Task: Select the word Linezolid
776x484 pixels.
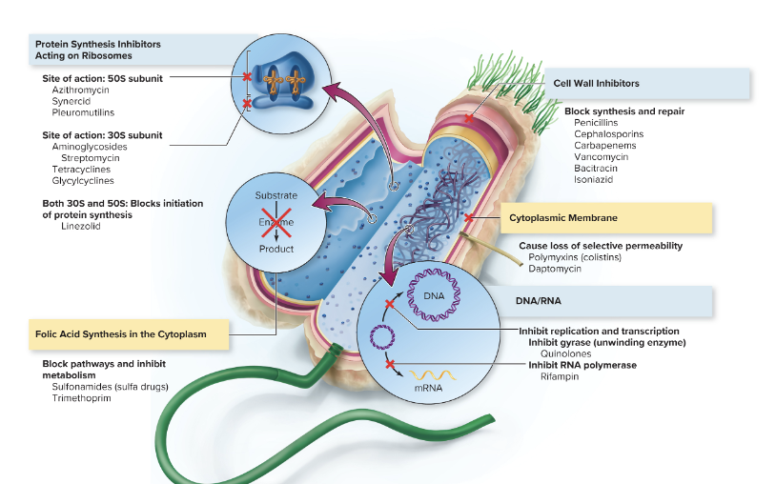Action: click(79, 226)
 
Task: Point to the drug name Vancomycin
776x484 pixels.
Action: click(601, 157)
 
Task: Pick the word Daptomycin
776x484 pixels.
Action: click(554, 269)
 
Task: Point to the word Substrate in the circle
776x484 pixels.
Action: click(276, 195)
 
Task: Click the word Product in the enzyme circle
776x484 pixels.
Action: click(276, 249)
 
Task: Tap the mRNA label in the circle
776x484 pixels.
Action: click(428, 388)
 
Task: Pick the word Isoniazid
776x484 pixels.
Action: click(594, 179)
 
